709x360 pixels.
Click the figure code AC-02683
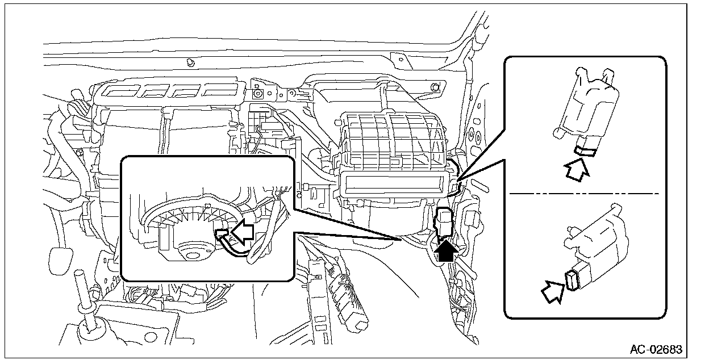(x=656, y=349)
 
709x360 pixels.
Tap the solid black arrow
(x=447, y=249)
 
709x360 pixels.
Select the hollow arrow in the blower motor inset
(x=241, y=233)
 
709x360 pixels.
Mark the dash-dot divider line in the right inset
(x=585, y=194)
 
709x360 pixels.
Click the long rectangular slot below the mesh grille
(x=392, y=185)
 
